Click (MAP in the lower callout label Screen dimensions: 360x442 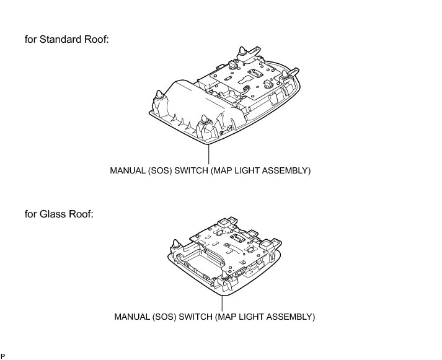[x=224, y=317]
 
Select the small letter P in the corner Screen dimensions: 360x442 [x=3, y=356]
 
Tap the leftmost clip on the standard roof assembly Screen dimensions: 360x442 [x=159, y=95]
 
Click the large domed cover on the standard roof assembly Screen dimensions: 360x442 [x=186, y=99]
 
